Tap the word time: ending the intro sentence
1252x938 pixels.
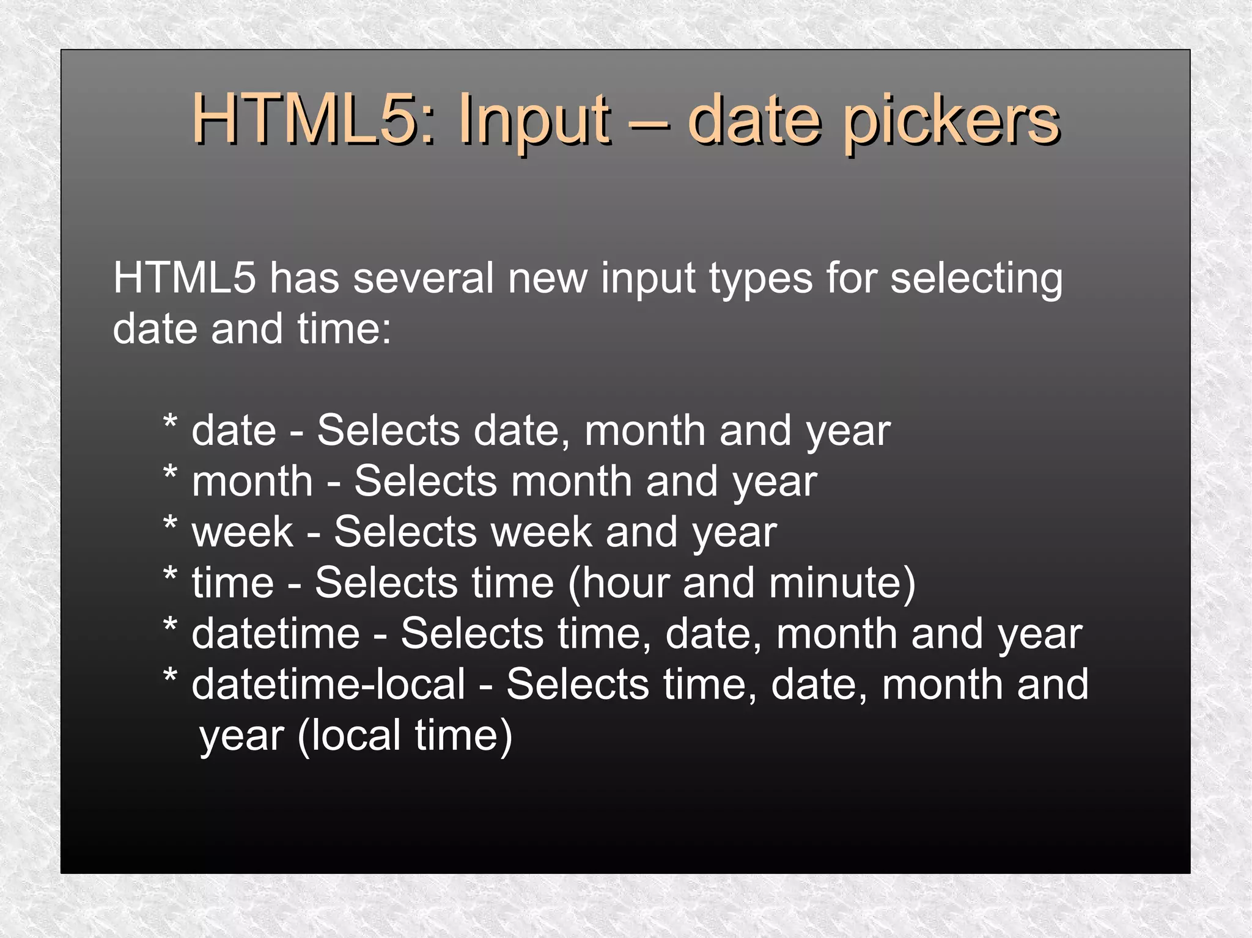[x=344, y=329]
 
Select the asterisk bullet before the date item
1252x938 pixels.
[x=171, y=423]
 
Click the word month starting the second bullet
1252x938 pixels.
[x=252, y=481]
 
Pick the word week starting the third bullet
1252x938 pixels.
[x=243, y=532]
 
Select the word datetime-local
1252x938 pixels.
[x=328, y=684]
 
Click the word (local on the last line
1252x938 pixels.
[x=349, y=735]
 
